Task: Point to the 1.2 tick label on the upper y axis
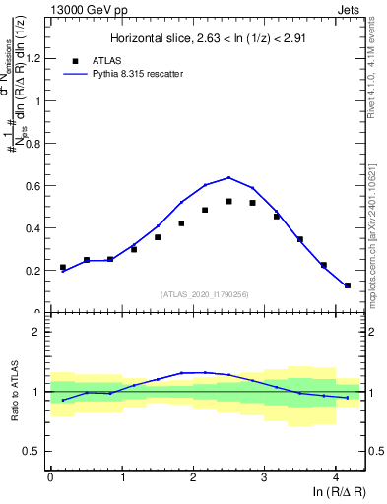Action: [33, 57]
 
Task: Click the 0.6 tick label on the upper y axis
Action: [33, 185]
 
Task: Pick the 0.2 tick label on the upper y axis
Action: [33, 270]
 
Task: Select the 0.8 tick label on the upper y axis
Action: [33, 143]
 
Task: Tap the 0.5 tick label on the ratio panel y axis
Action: [33, 451]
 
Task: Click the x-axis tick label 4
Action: [336, 477]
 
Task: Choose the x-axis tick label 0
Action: [50, 477]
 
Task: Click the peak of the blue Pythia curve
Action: [228, 178]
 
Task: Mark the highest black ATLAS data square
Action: [228, 201]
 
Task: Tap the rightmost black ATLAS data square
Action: [347, 285]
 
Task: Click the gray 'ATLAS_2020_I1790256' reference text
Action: [206, 294]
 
